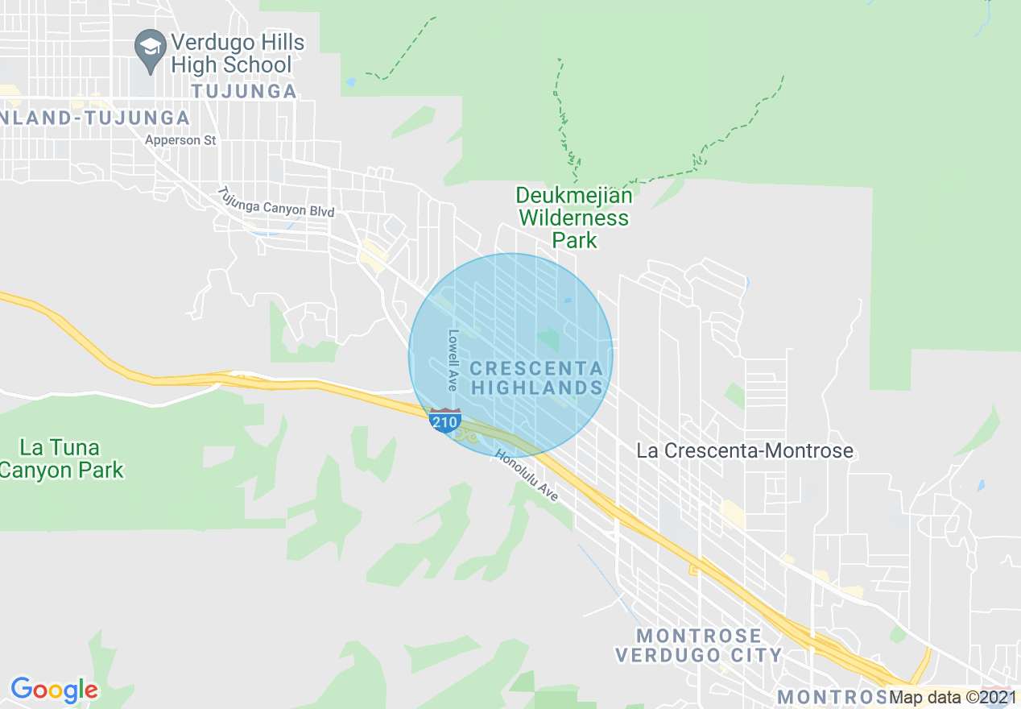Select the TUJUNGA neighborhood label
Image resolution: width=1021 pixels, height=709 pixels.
(x=244, y=91)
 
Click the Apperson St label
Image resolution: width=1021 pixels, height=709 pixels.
(x=180, y=140)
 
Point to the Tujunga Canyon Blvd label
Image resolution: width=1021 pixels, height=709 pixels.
(x=275, y=203)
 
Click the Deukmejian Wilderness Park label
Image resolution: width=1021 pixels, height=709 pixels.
(x=574, y=218)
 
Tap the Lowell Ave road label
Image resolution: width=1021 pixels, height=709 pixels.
(x=453, y=360)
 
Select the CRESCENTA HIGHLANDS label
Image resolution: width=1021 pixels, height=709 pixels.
(x=536, y=378)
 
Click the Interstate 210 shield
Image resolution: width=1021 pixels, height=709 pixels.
(x=445, y=421)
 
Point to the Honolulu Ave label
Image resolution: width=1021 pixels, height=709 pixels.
(x=527, y=475)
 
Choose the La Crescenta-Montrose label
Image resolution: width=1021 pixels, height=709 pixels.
(x=745, y=450)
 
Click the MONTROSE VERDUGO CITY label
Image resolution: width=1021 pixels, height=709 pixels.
(x=698, y=645)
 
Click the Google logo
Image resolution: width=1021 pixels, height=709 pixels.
(x=54, y=689)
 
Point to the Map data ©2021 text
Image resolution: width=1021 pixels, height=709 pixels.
(x=953, y=698)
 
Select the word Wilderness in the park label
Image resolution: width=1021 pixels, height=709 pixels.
(x=574, y=218)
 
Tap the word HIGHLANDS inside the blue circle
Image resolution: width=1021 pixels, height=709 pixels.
(x=536, y=388)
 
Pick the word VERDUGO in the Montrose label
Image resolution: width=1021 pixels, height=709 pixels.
(x=660, y=655)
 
